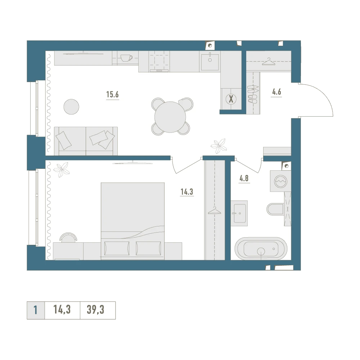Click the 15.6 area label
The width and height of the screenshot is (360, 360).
click(112, 94)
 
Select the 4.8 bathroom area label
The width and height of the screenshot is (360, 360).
click(244, 178)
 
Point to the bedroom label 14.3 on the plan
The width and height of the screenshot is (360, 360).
click(187, 192)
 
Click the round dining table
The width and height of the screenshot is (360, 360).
click(170, 117)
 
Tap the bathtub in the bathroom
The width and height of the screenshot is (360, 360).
click(261, 249)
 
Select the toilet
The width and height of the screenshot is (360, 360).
click(275, 209)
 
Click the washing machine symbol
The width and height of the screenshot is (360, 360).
click(280, 181)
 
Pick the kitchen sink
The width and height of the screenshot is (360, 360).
click(210, 62)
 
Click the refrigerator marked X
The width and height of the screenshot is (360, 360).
click(231, 99)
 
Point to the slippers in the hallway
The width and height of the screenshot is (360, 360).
click(253, 94)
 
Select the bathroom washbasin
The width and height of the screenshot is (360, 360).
click(239, 213)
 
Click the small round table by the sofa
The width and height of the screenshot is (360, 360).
click(71, 107)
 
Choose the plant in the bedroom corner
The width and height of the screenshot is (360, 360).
click(62, 170)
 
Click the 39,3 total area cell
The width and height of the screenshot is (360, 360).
click(95, 310)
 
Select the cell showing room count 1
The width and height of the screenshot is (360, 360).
click(36, 310)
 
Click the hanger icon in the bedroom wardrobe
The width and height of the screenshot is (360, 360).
click(215, 211)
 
